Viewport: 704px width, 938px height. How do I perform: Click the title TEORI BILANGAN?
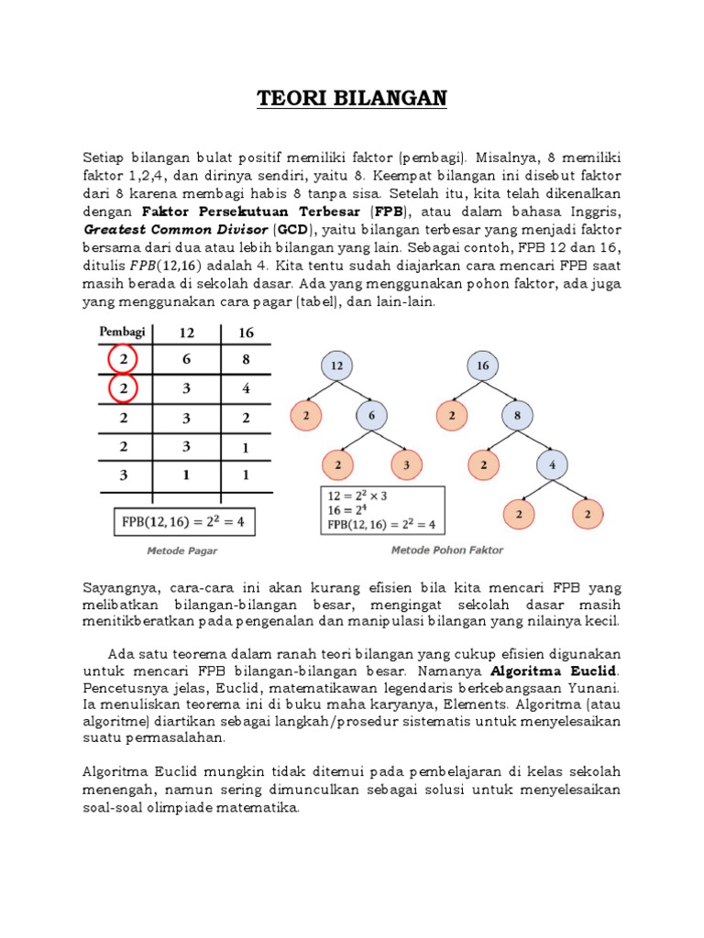[x=352, y=98]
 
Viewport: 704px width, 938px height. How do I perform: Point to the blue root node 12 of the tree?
[x=338, y=365]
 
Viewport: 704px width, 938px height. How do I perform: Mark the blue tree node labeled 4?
[x=553, y=465]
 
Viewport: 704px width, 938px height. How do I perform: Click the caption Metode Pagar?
[x=182, y=551]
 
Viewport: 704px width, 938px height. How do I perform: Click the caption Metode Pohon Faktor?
[x=447, y=551]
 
